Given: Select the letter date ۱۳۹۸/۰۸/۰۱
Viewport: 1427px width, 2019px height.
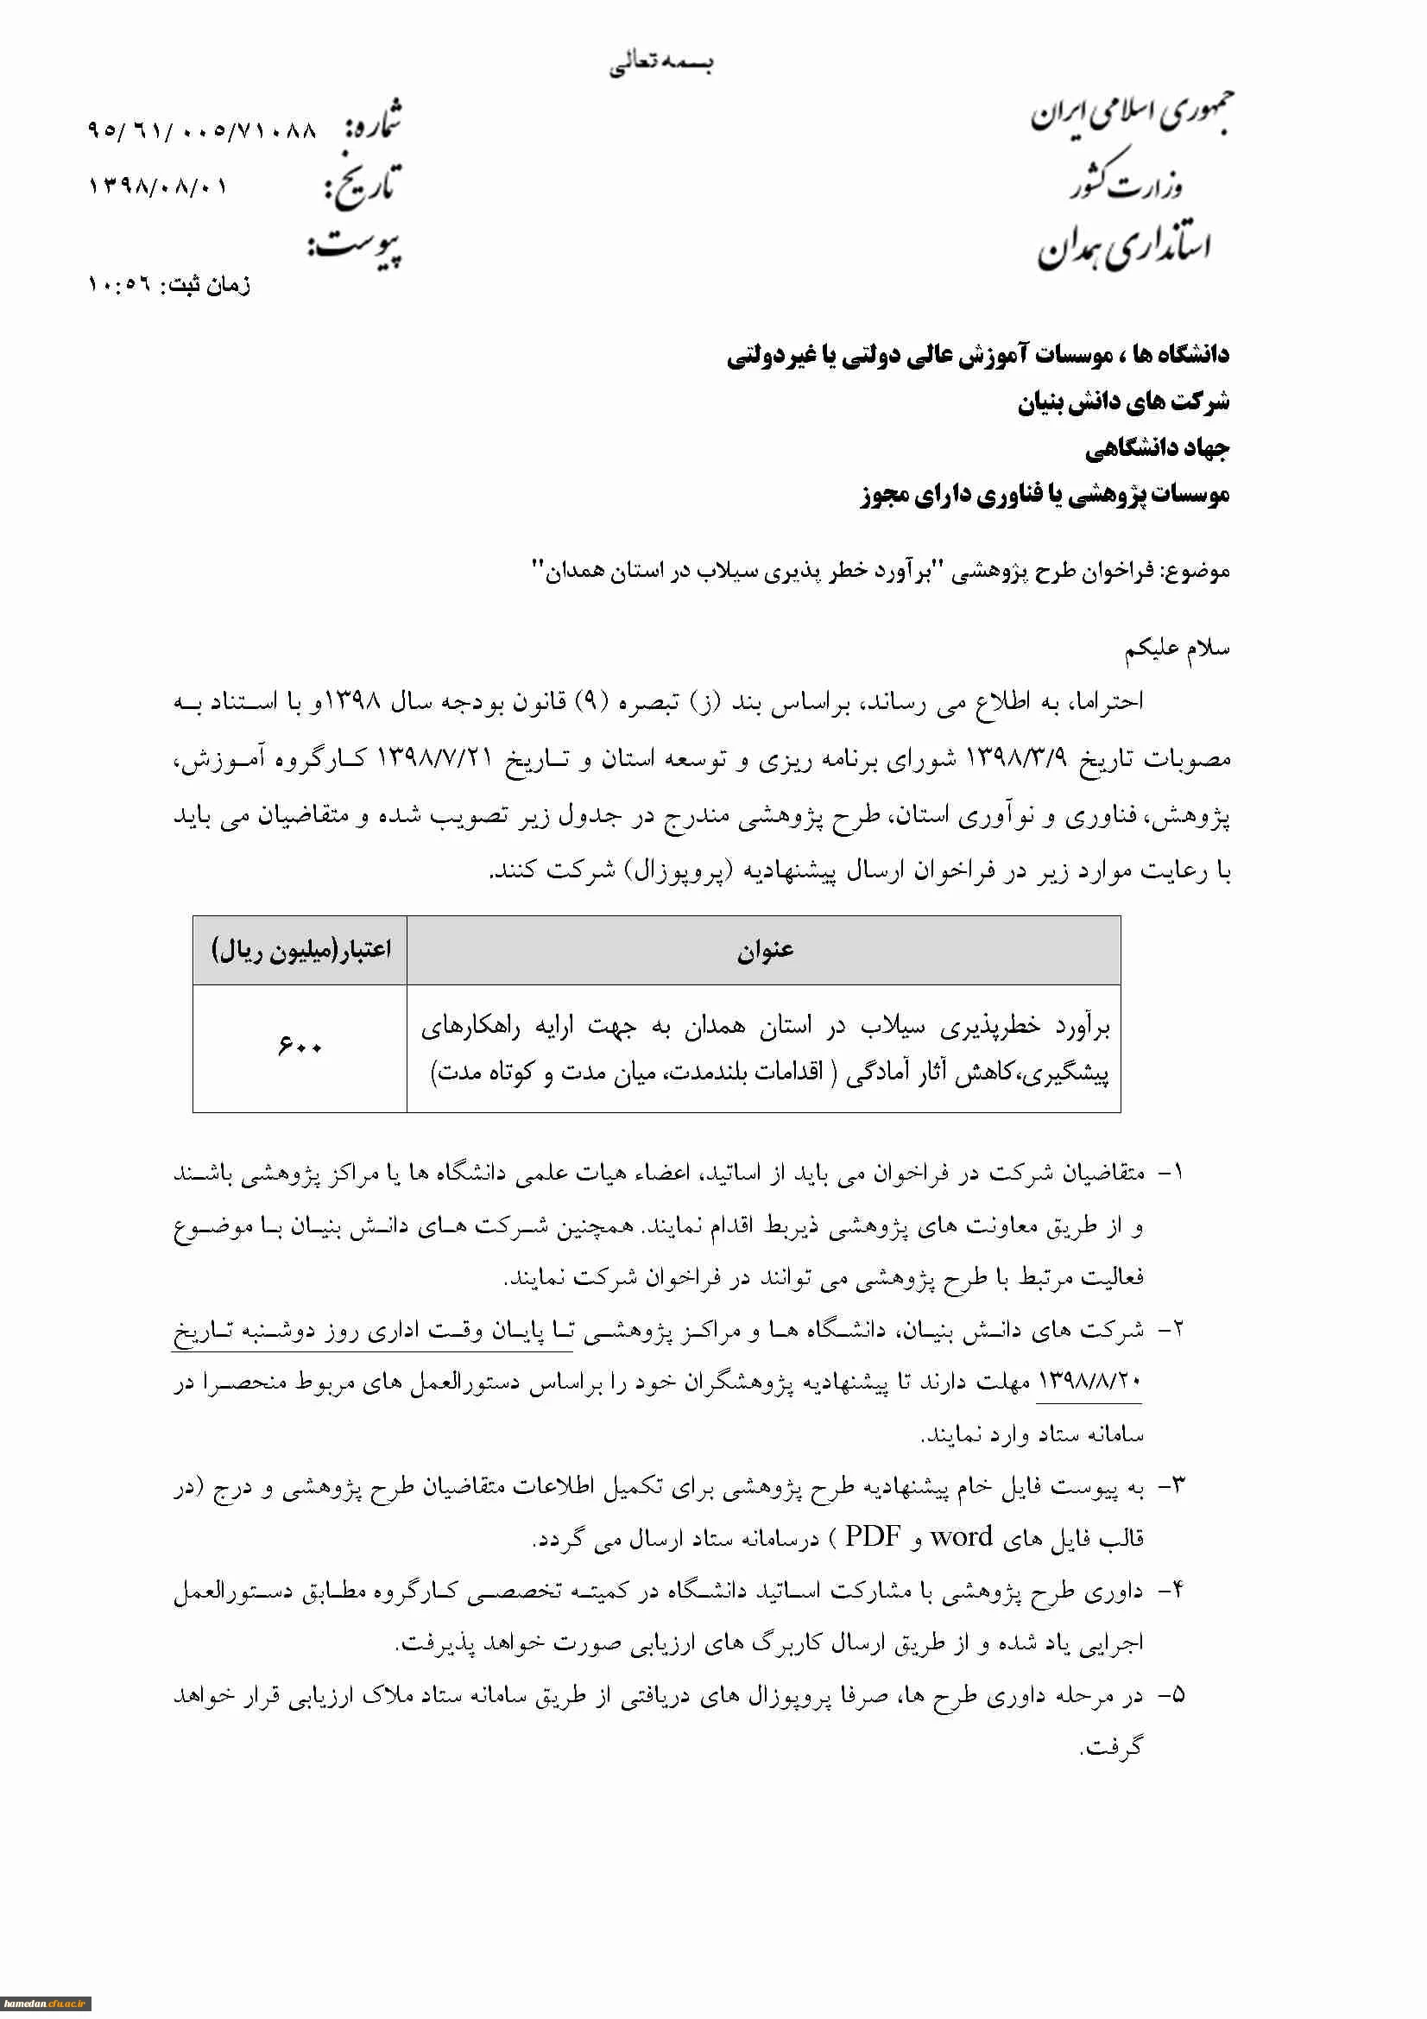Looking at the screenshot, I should coord(157,187).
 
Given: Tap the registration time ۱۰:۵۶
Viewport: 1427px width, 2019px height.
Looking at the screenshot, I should coord(117,285).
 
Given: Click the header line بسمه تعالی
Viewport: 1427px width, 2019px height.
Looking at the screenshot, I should coord(661,63).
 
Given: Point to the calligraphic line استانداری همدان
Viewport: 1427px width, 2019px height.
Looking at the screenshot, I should coord(1125,247).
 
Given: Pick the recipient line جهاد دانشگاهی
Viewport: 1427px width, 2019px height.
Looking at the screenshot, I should coord(1156,448).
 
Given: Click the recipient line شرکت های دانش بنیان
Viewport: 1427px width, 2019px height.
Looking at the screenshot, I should coord(1123,402).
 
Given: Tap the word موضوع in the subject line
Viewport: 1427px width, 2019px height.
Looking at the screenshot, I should coord(1197,572).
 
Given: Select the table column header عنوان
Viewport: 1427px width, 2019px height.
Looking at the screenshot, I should coord(764,950).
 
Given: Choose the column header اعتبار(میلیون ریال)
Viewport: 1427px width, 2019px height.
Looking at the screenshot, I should coord(300,950).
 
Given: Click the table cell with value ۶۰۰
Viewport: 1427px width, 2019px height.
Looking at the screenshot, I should coord(300,1047).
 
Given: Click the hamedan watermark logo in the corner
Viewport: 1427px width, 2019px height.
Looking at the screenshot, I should coord(45,2003).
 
